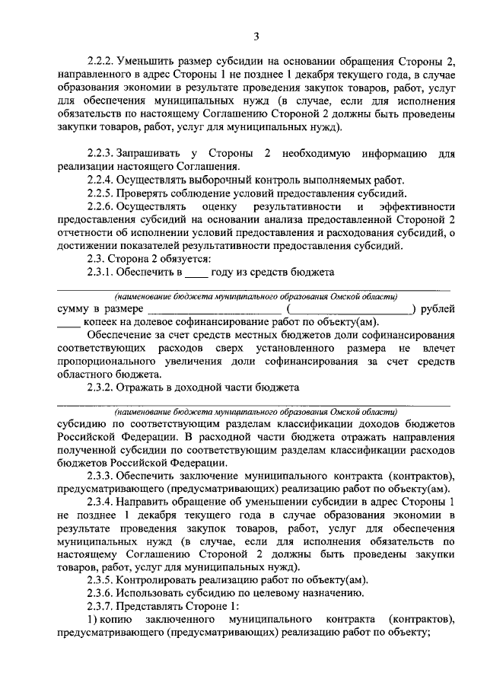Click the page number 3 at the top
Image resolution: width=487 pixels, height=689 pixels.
tap(256, 36)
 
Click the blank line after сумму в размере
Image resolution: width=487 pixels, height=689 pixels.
tap(214, 310)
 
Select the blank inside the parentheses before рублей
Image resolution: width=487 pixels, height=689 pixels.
tap(350, 310)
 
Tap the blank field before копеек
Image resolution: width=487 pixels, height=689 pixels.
tap(68, 324)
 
